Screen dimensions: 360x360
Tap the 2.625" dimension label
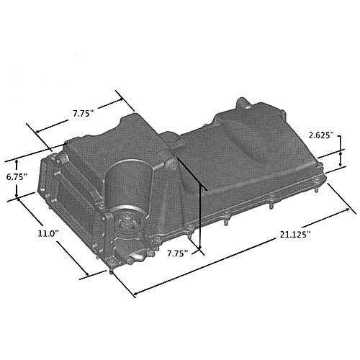[x=323, y=135]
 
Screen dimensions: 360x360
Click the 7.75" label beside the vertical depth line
[x=177, y=253]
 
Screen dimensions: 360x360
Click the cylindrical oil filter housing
[x=130, y=184]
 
